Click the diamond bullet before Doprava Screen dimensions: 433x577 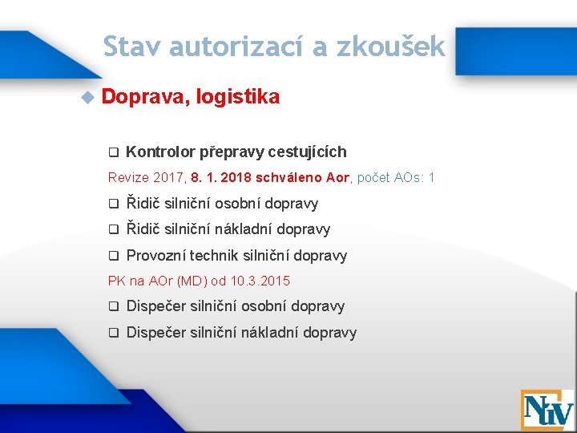[x=87, y=98]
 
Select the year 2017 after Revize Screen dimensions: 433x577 [x=167, y=176]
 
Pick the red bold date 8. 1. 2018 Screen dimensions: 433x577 [x=221, y=176]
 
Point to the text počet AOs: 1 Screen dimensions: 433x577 [x=396, y=176]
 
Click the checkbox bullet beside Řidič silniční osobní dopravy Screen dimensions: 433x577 [x=114, y=204]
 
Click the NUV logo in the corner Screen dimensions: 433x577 [x=547, y=410]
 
